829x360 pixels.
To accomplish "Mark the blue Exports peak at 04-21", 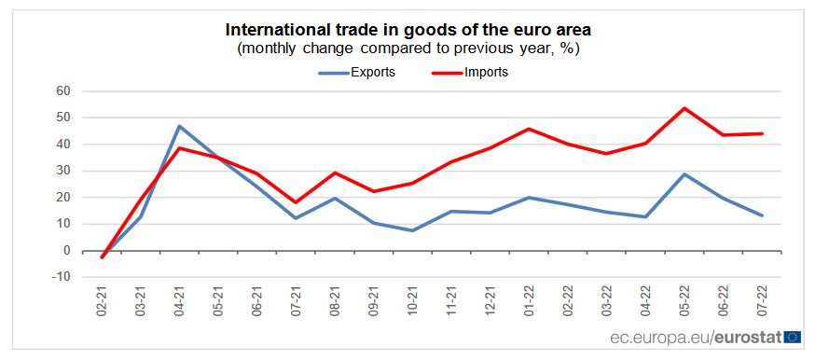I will coord(179,126).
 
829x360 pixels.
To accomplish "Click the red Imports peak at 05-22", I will coord(684,108).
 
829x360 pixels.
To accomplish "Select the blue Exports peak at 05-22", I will coord(684,174).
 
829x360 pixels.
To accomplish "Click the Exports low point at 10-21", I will coord(412,230).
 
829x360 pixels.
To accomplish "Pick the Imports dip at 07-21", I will coord(296,202).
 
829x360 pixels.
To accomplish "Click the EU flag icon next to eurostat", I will coord(793,337).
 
